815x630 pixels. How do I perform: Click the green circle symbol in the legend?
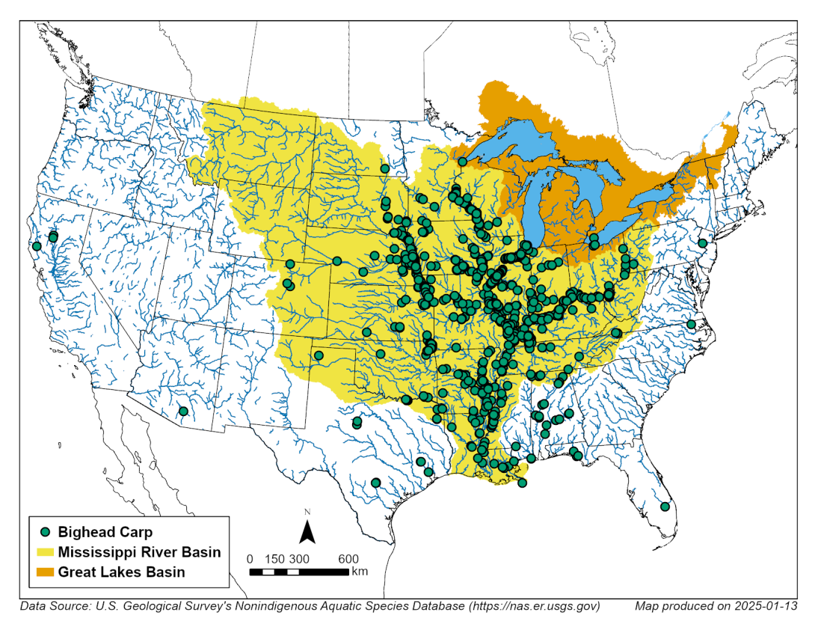(x=46, y=532)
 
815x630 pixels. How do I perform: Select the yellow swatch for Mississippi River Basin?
(x=46, y=552)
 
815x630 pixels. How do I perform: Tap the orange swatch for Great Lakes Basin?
(x=46, y=572)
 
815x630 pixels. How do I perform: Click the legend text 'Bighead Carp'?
(x=105, y=532)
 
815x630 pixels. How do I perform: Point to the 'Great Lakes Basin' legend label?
(x=121, y=572)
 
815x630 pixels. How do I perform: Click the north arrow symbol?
(x=307, y=530)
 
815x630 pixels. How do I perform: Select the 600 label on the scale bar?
(x=348, y=559)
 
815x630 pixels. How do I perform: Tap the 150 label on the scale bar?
(x=274, y=559)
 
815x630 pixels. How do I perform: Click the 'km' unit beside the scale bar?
(x=360, y=572)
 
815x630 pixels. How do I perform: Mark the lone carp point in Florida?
(x=665, y=507)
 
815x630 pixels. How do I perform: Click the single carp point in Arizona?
(x=183, y=411)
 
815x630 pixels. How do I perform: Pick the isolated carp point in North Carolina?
(x=692, y=324)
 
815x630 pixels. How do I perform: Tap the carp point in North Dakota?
(x=384, y=168)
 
